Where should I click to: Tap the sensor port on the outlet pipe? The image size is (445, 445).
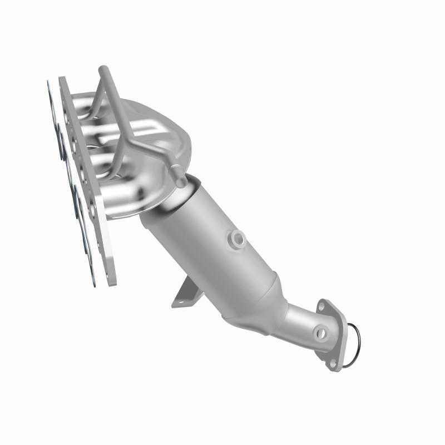pos(320,333)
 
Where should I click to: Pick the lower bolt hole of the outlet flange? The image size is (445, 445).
pos(333,362)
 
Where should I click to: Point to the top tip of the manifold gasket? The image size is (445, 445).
pos(48,83)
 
